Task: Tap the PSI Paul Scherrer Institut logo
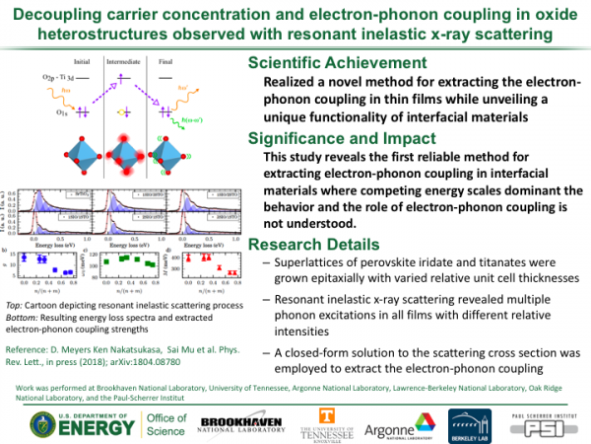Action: (x=546, y=420)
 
